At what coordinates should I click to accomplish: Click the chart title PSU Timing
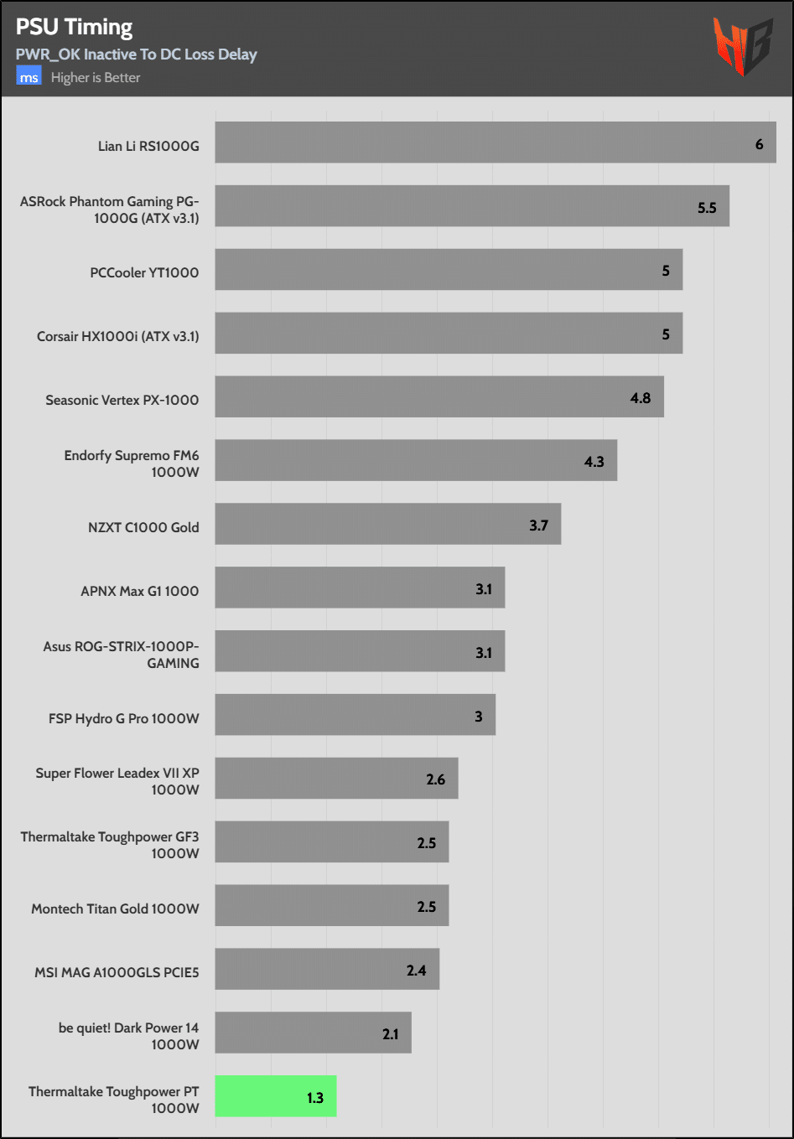point(74,27)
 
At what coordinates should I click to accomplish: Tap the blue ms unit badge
point(29,77)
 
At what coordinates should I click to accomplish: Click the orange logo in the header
point(742,47)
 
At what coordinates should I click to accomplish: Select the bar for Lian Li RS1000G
point(495,142)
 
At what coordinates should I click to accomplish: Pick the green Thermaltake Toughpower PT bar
point(275,1096)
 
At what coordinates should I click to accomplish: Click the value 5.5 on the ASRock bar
point(707,208)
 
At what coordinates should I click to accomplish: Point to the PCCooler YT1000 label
point(144,272)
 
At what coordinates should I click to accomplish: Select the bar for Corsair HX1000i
point(449,334)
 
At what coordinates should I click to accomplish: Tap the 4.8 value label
point(641,398)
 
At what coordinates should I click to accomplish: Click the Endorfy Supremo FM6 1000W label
point(132,463)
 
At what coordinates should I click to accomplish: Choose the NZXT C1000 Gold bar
point(387,524)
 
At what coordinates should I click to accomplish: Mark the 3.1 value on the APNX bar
point(484,589)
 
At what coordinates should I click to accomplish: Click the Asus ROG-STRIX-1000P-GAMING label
point(122,655)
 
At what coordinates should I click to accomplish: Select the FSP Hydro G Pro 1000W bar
point(355,715)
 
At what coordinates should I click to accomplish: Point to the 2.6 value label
point(436,779)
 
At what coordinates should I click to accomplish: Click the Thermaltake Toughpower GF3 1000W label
point(110,845)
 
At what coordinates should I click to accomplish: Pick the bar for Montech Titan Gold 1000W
point(331,905)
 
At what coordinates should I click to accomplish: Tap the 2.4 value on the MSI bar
point(417,971)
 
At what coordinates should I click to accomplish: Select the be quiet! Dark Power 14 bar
point(313,1033)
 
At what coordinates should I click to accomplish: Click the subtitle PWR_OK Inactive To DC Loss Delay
point(136,54)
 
